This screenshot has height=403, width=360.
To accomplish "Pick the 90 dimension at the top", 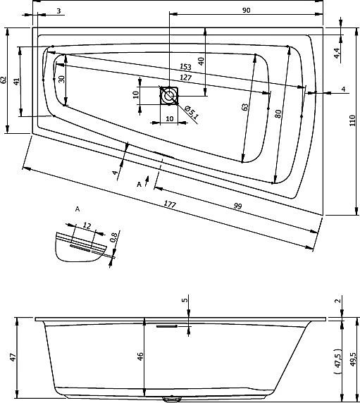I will pos(246,10).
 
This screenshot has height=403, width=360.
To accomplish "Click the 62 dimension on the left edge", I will pos(5,80).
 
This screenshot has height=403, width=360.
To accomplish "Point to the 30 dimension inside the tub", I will pos(61,80).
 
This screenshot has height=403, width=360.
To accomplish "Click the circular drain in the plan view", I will pos(169,93).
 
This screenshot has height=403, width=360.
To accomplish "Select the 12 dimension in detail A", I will pos(87,225).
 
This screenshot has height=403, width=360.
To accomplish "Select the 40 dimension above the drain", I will pos(201,61).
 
